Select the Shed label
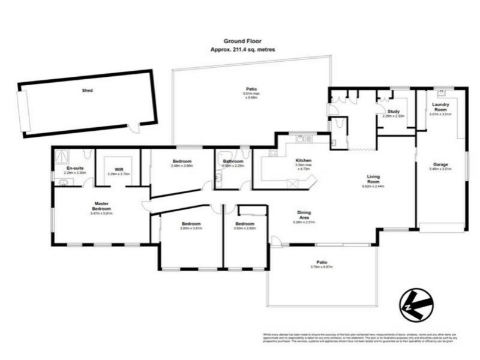pyautogui.click(x=88, y=91)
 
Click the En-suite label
pyautogui.click(x=74, y=169)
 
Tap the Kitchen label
pyautogui.click(x=303, y=160)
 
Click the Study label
pyautogui.click(x=393, y=111)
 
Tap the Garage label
pyautogui.click(x=440, y=164)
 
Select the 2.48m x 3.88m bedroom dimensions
pyautogui.click(x=182, y=166)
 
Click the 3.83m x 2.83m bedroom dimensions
pyautogui.click(x=245, y=228)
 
